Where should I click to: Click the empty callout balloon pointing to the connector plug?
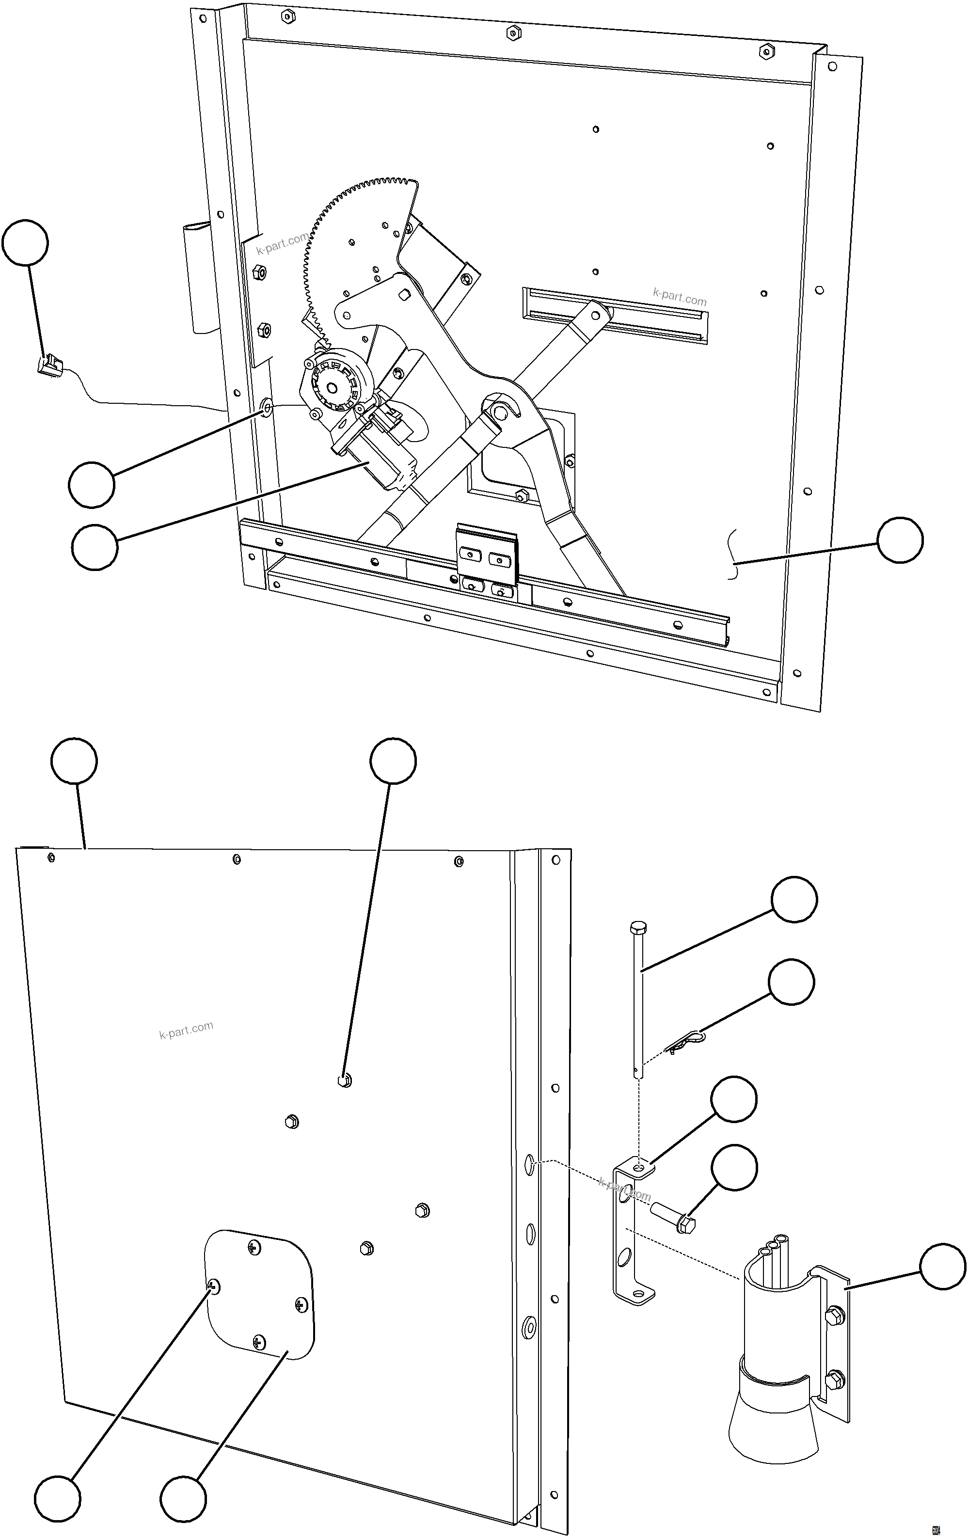(25, 243)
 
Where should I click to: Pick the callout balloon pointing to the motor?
(95, 547)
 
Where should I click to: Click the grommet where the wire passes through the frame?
(266, 407)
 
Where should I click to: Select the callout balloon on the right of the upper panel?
(900, 540)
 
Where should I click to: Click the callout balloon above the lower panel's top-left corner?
(74, 761)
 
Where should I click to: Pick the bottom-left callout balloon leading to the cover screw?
(58, 1499)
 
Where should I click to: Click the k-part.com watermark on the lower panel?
(186, 1030)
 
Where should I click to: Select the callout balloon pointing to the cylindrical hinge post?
(942, 1267)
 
